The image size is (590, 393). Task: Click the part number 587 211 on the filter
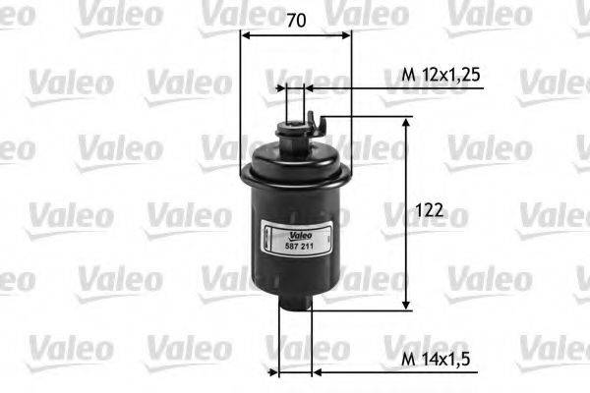tap(296, 247)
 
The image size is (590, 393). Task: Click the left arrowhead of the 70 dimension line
tap(247, 36)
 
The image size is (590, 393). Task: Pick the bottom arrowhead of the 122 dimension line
tap(405, 305)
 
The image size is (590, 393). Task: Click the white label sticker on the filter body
tap(296, 242)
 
